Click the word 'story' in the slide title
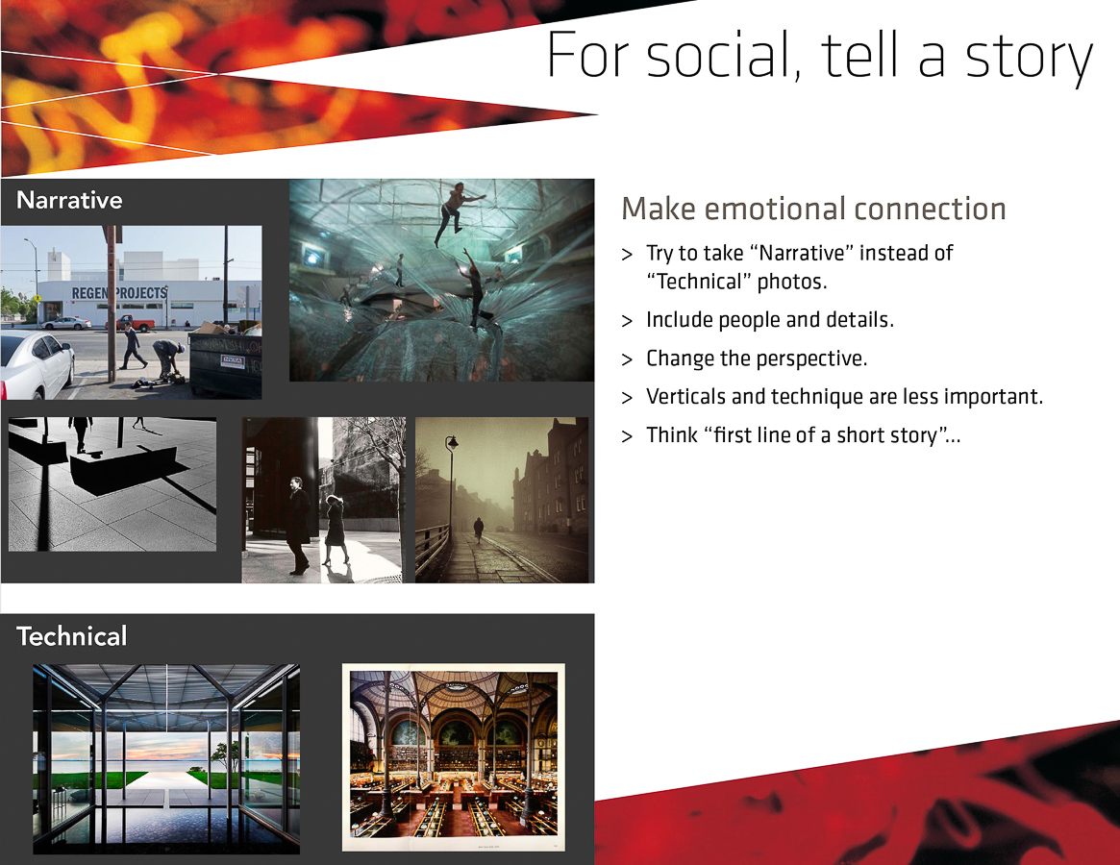[1029, 57]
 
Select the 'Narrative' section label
[69, 200]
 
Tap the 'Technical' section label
[72, 635]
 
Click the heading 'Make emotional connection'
[813, 209]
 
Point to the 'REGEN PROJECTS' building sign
[119, 293]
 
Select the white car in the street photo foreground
[36, 364]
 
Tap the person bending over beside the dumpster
[168, 359]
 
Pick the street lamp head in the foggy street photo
[452, 443]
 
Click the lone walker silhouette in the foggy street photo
[479, 530]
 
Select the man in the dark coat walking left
[299, 525]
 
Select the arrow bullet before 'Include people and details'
[627, 321]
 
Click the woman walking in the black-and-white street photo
[335, 530]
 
